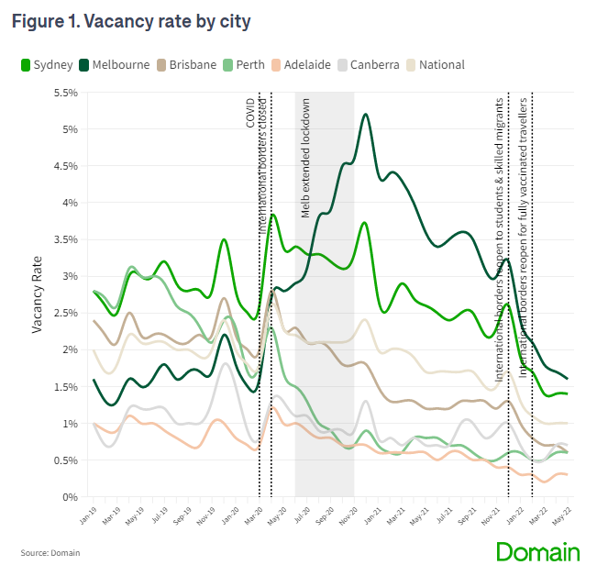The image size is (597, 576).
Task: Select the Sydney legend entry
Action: point(47,64)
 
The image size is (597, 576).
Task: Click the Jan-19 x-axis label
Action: point(85,515)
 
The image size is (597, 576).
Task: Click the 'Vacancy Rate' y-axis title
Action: point(38,294)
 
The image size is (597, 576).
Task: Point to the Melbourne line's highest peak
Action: point(366,115)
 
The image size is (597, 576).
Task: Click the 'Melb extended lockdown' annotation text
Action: point(306,157)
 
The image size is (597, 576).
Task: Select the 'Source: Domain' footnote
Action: point(50,553)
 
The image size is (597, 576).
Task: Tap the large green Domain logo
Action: point(538,551)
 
